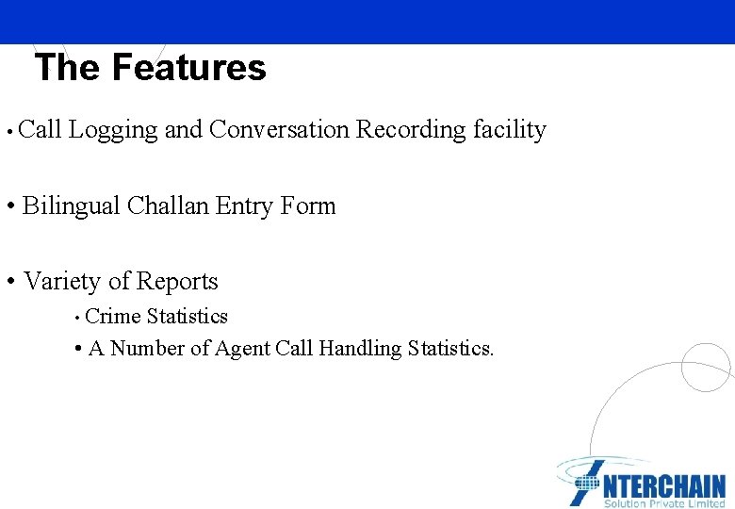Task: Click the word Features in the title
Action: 188,68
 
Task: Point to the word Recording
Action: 411,130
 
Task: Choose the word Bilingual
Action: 71,205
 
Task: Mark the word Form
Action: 308,205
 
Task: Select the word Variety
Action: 61,281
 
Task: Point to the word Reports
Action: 177,281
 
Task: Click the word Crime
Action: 113,317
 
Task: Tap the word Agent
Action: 242,349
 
